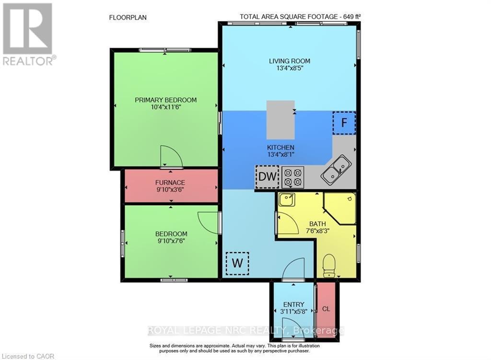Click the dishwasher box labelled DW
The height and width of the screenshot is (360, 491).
(267, 176)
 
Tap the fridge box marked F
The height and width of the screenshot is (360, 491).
(343, 123)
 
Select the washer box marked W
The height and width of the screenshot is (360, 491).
(237, 263)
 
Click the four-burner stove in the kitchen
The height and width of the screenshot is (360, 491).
(292, 176)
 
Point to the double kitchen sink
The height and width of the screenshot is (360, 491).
(336, 170)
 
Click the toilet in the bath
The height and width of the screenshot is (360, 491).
(329, 265)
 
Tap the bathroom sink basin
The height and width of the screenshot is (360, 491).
(287, 200)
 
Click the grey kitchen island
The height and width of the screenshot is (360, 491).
(281, 119)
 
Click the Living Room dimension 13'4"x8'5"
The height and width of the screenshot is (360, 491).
(289, 68)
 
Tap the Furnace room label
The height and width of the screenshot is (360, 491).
(170, 183)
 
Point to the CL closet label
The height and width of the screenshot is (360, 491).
(326, 309)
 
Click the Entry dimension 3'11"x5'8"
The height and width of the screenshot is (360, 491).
(293, 312)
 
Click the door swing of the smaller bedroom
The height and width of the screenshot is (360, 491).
(208, 222)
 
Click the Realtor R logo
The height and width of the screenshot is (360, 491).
(28, 29)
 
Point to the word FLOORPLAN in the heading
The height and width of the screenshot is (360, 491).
(128, 17)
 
